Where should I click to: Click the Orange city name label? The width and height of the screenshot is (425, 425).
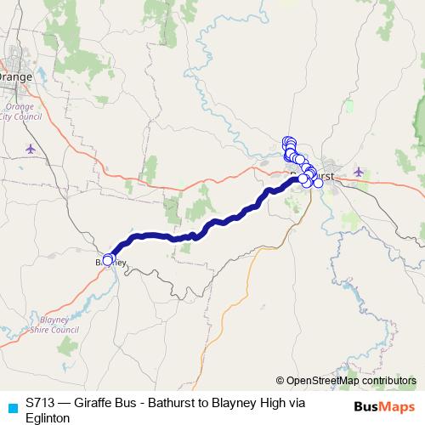coord(15,76)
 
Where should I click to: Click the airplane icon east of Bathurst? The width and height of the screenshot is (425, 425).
coord(358,171)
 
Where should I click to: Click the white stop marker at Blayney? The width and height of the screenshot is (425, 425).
coord(108,260)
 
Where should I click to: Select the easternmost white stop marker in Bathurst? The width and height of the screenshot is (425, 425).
coord(318,183)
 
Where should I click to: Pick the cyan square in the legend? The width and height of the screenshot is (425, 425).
coord(12,407)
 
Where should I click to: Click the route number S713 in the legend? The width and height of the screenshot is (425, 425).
coord(42,402)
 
